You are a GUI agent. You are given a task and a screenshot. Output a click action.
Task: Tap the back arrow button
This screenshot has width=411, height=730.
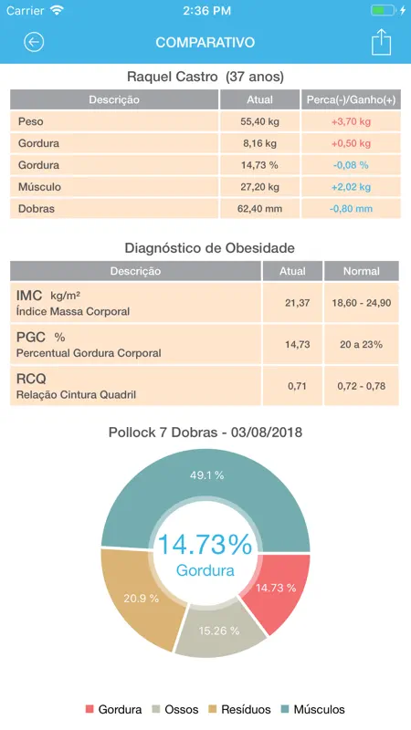point(34,42)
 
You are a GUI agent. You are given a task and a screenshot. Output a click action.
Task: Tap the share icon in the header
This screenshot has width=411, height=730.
point(381,42)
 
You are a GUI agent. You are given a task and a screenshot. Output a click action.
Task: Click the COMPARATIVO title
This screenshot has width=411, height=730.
point(205,42)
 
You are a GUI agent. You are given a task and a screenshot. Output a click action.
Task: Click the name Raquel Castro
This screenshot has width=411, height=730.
point(172,77)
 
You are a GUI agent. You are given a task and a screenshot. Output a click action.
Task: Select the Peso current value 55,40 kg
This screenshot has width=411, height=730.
point(259,121)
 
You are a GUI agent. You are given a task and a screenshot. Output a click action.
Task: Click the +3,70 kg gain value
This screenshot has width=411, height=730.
point(351,121)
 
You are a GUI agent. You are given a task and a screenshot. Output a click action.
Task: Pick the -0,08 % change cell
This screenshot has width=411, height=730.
point(351,165)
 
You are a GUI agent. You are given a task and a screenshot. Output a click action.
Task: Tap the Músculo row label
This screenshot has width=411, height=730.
point(39,187)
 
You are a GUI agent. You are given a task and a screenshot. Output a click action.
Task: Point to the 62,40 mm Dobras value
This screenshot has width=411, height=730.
point(259,209)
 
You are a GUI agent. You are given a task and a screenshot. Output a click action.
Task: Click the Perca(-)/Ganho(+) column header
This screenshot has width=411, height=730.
point(351,99)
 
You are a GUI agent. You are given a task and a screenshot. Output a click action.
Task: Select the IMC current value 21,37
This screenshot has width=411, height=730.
point(298,303)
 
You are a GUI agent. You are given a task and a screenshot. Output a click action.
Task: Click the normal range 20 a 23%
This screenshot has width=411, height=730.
point(361,345)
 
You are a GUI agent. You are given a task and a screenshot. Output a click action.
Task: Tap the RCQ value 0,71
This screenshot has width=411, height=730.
point(298,386)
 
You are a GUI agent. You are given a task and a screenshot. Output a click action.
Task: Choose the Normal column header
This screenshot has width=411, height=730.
point(361,271)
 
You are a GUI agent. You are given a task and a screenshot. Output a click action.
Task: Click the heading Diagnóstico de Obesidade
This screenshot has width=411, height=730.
point(210,247)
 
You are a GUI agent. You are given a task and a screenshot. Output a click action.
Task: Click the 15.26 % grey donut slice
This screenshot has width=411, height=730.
point(220,629)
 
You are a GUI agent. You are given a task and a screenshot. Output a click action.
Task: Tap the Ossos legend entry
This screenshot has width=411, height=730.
point(175,710)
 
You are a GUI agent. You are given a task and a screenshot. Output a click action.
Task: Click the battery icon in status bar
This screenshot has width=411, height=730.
point(383,10)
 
